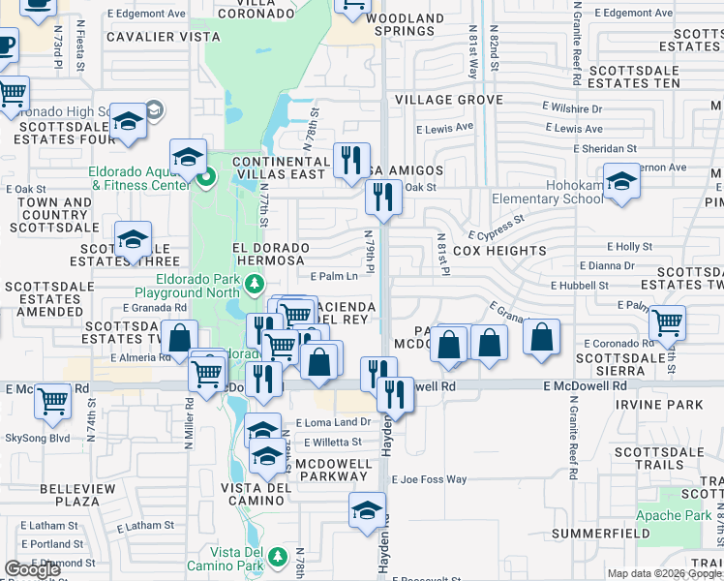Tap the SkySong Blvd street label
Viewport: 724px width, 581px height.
tap(38, 438)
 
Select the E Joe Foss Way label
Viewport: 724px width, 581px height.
tap(429, 479)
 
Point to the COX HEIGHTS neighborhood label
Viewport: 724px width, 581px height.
tap(499, 251)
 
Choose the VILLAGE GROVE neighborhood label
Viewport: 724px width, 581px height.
tap(448, 100)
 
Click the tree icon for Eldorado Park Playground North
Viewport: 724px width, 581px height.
tap(254, 284)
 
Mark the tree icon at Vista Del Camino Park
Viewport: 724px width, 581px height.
tap(278, 557)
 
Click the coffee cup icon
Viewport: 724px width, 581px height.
tap(6, 44)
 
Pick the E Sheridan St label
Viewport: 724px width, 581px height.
tap(605, 149)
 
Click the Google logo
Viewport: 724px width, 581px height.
tap(32, 569)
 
